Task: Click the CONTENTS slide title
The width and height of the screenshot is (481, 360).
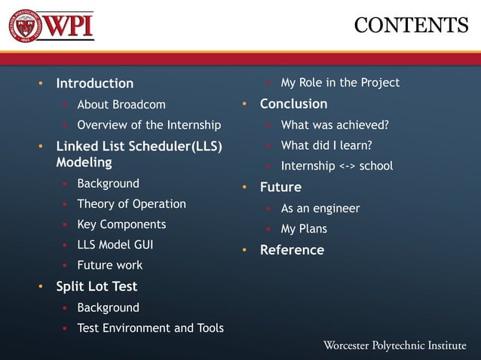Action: pyautogui.click(x=411, y=25)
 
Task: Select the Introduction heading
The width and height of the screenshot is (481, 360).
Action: pyautogui.click(x=94, y=84)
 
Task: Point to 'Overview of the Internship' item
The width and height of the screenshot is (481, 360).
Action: pyautogui.click(x=149, y=125)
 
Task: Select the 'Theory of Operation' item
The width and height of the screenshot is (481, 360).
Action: pyautogui.click(x=131, y=204)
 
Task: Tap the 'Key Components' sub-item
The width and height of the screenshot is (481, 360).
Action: pyautogui.click(x=121, y=224)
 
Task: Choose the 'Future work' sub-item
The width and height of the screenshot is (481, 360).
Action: pyautogui.click(x=109, y=265)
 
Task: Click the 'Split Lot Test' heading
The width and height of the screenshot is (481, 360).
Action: pyautogui.click(x=97, y=286)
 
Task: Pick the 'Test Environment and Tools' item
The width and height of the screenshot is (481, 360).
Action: pyautogui.click(x=150, y=328)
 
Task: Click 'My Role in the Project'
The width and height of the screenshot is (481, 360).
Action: pyautogui.click(x=340, y=83)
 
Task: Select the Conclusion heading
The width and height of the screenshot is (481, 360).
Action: pyautogui.click(x=293, y=104)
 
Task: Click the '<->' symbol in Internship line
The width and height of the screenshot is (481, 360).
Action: pyautogui.click(x=345, y=166)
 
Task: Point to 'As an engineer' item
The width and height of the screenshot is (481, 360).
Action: pyautogui.click(x=320, y=208)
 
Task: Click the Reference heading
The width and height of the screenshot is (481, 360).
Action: pyautogui.click(x=292, y=250)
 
